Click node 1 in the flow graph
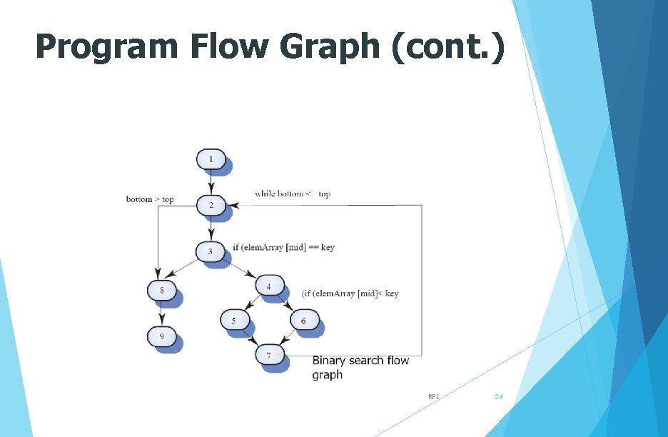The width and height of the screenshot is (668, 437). coord(211,159)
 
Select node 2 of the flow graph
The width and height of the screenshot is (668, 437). coord(211,206)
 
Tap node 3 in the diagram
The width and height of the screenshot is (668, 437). coord(211,251)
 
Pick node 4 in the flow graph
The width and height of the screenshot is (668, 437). coord(268,287)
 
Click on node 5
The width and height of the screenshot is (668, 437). coord(233,321)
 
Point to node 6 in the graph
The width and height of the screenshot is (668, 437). coord(303,321)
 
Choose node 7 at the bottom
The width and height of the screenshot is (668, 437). coord(268,355)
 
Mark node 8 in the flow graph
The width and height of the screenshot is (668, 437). coord(162,291)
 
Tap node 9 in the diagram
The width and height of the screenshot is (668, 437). coord(162,335)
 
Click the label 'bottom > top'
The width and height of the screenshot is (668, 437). coord(150,199)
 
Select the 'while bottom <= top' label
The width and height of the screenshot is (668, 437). coord(293,194)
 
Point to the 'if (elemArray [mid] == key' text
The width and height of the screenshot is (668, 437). coord(283,247)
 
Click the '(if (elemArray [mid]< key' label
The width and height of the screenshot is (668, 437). coord(350,293)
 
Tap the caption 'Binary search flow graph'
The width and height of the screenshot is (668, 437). coord(360,367)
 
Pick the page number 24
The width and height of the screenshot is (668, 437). coord(499,396)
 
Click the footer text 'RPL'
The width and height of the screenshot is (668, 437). coord(433,396)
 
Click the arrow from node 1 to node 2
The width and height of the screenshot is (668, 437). coord(211,182)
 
